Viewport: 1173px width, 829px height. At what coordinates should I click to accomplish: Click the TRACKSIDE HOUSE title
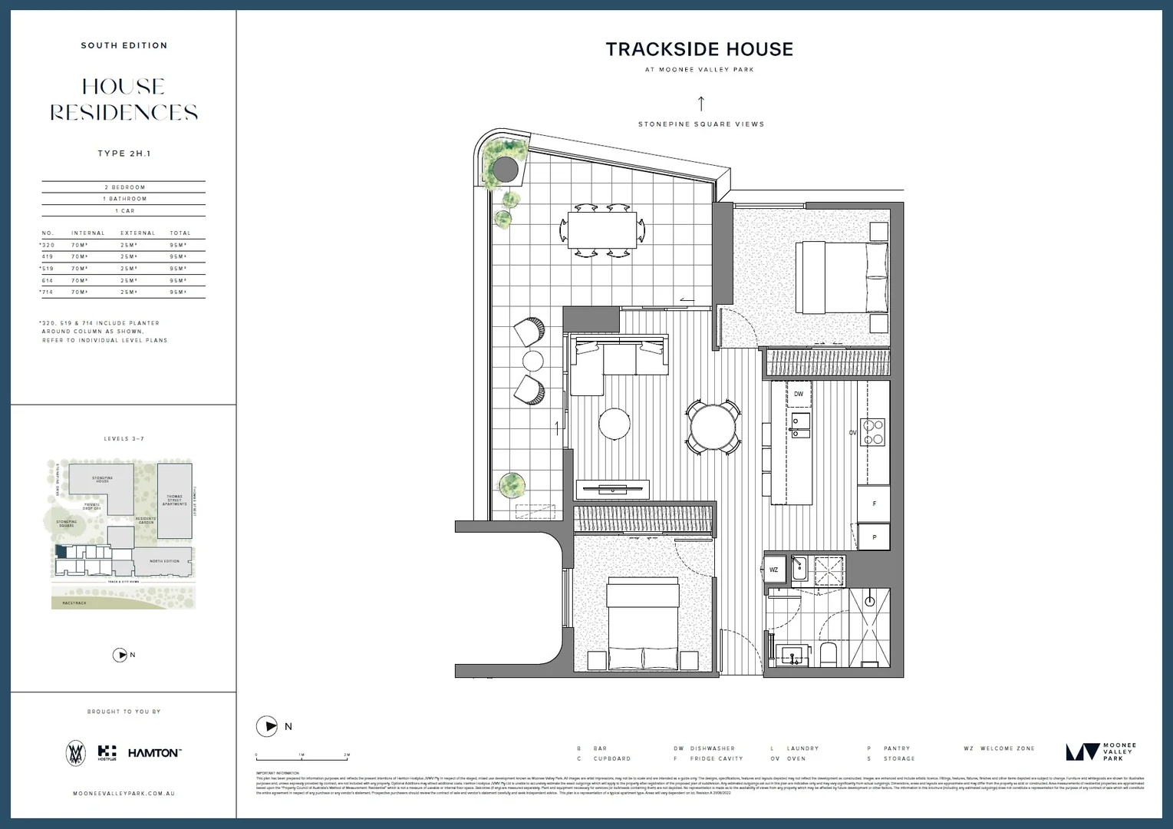pyautogui.click(x=699, y=49)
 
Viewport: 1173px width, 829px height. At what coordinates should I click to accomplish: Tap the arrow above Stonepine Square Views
pyautogui.click(x=700, y=104)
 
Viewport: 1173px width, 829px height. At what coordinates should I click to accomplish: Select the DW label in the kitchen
pyautogui.click(x=799, y=394)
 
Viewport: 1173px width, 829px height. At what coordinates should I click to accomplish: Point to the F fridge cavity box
pyautogui.click(x=874, y=504)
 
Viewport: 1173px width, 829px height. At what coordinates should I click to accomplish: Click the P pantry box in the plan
pyautogui.click(x=874, y=537)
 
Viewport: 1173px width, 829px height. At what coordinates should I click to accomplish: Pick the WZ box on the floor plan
pyautogui.click(x=773, y=570)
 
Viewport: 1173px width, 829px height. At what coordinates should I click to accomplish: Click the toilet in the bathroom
pyautogui.click(x=829, y=655)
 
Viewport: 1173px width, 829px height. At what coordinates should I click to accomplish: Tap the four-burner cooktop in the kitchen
pyautogui.click(x=874, y=431)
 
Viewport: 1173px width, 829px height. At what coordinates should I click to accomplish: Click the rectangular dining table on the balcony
pyautogui.click(x=602, y=230)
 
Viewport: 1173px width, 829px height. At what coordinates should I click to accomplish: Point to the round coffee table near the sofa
pyautogui.click(x=615, y=423)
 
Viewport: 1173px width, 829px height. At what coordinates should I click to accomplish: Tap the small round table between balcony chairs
pyautogui.click(x=533, y=360)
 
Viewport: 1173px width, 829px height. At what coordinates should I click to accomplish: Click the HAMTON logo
pyautogui.click(x=154, y=753)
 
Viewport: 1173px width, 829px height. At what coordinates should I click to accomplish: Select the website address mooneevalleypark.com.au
pyautogui.click(x=124, y=793)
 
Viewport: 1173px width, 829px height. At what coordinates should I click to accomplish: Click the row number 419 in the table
pyautogui.click(x=48, y=257)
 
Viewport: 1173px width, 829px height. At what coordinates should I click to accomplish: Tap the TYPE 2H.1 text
pyautogui.click(x=124, y=154)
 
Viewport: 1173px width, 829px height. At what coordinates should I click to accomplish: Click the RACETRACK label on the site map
pyautogui.click(x=74, y=603)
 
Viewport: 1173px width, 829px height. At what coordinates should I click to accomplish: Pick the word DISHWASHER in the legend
pyautogui.click(x=712, y=748)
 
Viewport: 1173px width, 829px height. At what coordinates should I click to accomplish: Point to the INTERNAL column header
pyautogui.click(x=88, y=233)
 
